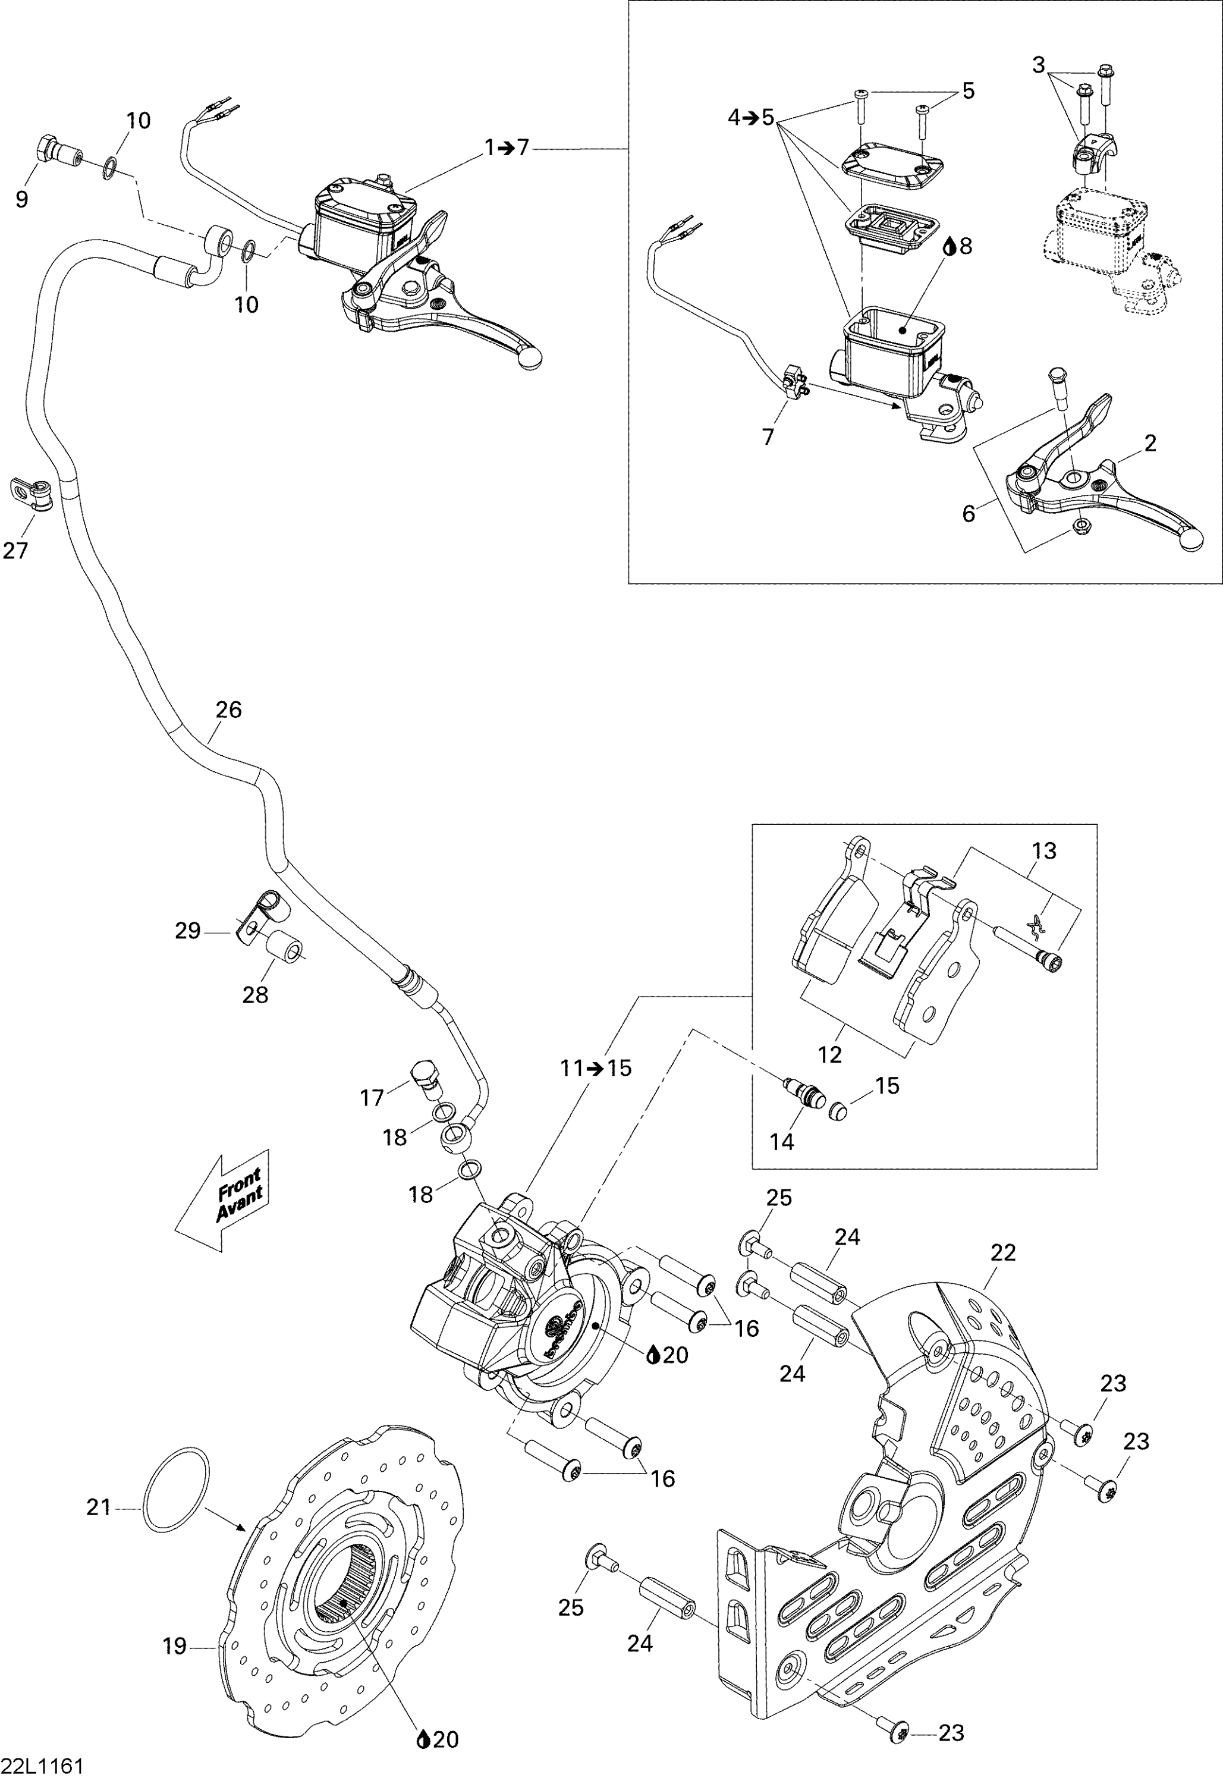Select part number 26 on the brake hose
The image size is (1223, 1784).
[228, 709]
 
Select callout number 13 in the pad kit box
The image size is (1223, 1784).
[1044, 850]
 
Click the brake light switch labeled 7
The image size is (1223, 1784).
[793, 382]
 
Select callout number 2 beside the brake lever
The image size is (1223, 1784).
[1149, 443]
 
